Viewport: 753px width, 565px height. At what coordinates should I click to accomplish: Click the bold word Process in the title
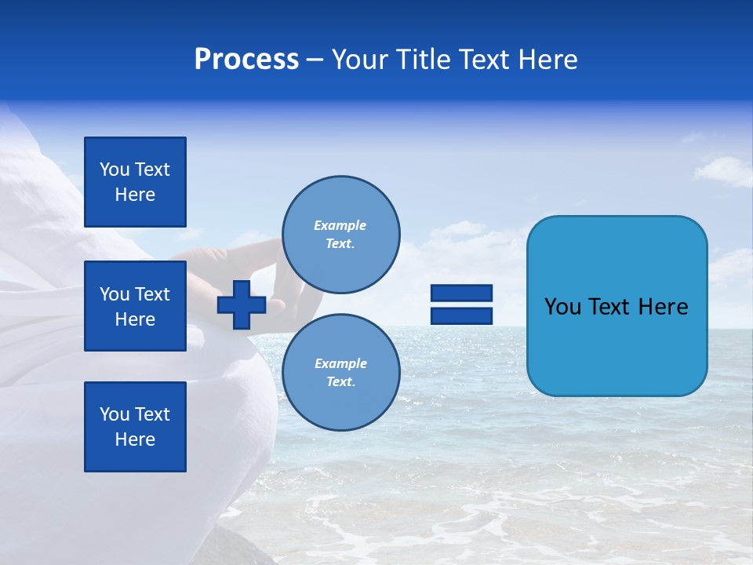(x=246, y=60)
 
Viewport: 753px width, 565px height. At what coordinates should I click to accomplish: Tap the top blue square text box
(x=135, y=182)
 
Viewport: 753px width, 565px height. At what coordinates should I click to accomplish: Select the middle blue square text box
(x=135, y=306)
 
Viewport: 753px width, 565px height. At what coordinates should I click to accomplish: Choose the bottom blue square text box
(x=135, y=426)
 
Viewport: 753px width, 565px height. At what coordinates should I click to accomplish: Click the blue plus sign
(x=242, y=304)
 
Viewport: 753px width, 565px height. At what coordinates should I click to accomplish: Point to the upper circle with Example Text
(x=340, y=235)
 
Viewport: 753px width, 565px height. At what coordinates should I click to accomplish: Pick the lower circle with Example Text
(x=340, y=372)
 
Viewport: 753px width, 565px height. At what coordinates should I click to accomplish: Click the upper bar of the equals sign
(x=461, y=293)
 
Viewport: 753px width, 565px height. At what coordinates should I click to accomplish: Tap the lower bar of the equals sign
(x=461, y=315)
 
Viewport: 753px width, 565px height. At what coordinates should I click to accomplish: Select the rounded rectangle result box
(x=617, y=305)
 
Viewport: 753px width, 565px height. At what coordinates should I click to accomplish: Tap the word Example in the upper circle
(x=340, y=225)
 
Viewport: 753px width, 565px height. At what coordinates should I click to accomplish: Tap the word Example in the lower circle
(x=340, y=363)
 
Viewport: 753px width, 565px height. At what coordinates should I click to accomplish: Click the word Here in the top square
(x=135, y=195)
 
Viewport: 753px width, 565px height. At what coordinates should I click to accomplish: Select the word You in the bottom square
(x=115, y=414)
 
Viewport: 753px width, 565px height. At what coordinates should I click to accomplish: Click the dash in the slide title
(x=315, y=60)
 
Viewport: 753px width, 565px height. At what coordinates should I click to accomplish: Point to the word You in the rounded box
(x=562, y=307)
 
